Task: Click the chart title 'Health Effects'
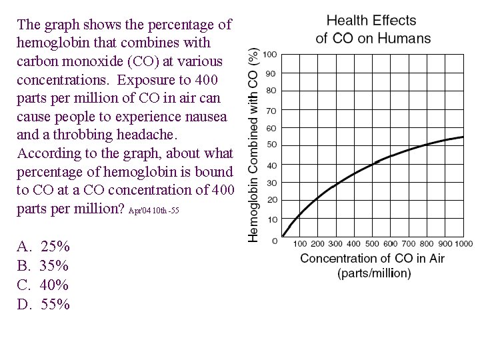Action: [371, 21]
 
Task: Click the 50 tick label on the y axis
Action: [271, 145]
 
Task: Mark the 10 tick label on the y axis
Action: [271, 219]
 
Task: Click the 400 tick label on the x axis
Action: [353, 244]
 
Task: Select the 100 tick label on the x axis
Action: [299, 244]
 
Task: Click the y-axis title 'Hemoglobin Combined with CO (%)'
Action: [254, 144]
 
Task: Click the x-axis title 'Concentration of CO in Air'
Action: [372, 258]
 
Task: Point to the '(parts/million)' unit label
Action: [374, 273]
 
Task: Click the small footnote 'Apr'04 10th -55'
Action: [154, 211]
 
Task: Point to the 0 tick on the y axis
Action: [275, 240]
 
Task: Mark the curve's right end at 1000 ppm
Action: [463, 137]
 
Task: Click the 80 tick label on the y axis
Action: [271, 90]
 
